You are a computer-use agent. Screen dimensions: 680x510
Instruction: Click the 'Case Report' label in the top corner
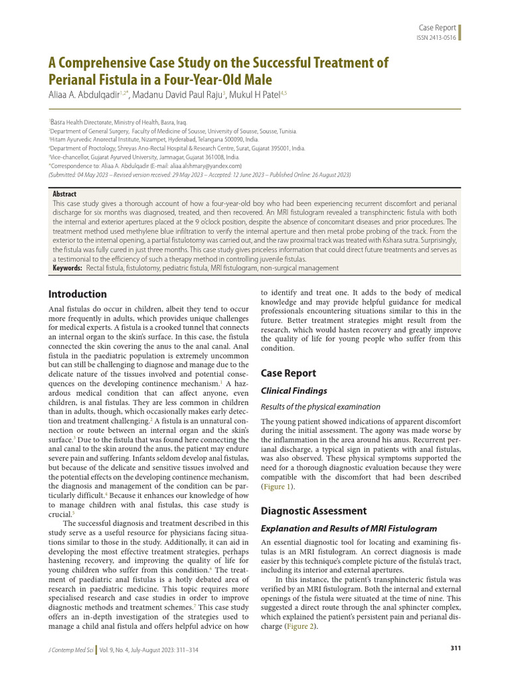(x=437, y=27)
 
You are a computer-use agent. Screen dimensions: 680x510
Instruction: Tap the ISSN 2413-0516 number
(x=436, y=38)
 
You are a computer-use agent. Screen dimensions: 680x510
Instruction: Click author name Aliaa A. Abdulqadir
(x=84, y=96)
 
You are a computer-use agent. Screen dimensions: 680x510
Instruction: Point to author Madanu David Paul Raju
(x=179, y=96)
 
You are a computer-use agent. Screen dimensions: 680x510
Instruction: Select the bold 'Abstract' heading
(x=64, y=194)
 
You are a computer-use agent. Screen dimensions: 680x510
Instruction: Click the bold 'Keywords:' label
(x=67, y=268)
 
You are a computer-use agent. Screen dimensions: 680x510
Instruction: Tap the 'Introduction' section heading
(x=78, y=294)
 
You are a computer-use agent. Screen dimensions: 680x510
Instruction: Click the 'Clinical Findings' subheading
(x=294, y=391)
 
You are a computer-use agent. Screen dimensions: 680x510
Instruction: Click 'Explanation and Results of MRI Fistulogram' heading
(x=349, y=529)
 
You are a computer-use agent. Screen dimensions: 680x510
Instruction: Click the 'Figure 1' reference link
(x=278, y=487)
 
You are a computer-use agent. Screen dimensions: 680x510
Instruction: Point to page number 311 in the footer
(x=455, y=647)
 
